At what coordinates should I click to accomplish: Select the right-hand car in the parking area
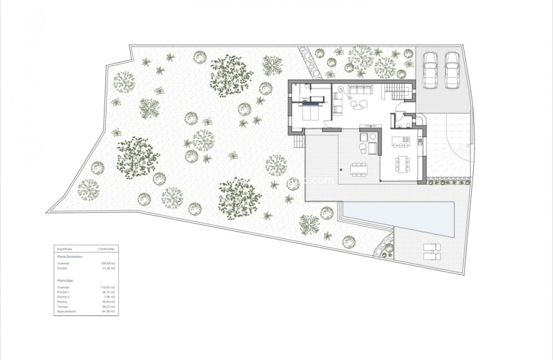tap(452, 70)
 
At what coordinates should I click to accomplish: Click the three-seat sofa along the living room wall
tap(360, 89)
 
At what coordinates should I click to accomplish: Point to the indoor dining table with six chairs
tap(403, 163)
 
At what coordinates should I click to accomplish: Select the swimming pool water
tap(398, 218)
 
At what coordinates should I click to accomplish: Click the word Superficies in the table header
tap(64, 249)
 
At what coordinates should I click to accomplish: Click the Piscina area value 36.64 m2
tap(108, 302)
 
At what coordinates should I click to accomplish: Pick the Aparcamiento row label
tap(67, 311)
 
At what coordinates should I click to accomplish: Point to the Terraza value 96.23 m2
tap(108, 307)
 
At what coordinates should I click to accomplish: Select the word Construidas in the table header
tap(106, 249)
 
